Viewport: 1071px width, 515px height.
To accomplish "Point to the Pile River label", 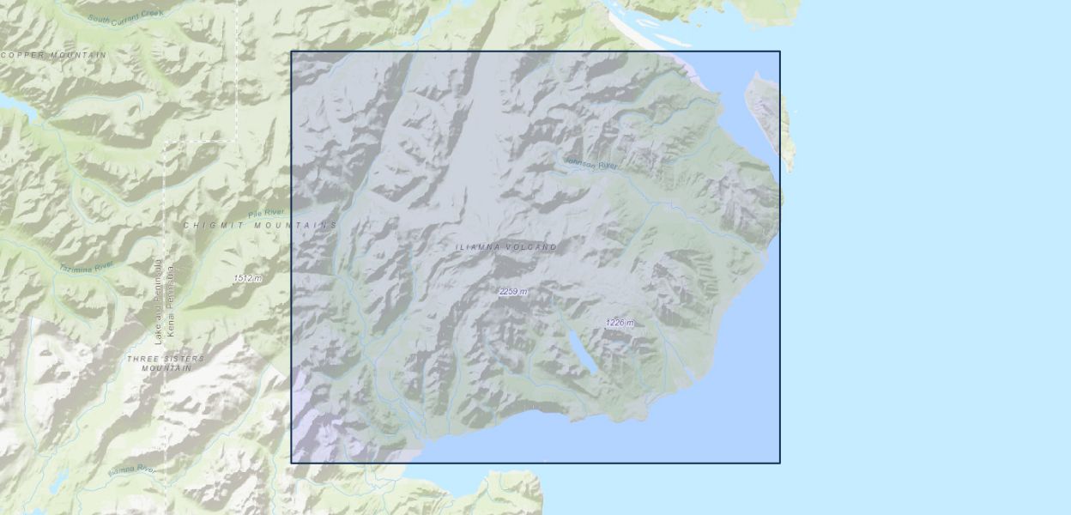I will tap(265, 212).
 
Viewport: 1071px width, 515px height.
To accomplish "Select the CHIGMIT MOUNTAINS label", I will tap(260, 225).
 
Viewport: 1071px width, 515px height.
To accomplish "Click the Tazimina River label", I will tap(86, 267).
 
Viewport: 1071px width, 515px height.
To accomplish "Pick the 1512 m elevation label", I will tap(247, 278).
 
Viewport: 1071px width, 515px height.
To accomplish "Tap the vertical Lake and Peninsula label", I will tap(158, 302).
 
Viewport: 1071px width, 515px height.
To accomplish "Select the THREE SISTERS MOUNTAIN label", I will tap(166, 362).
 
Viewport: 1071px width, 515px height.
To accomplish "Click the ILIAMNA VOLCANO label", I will tap(505, 247).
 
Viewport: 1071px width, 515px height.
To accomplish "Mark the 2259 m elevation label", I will tap(513, 292).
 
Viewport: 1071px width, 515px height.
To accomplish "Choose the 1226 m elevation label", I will tap(620, 323).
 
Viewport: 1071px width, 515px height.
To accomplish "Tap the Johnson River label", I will tap(591, 163).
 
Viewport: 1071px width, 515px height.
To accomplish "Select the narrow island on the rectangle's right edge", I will tap(769, 117).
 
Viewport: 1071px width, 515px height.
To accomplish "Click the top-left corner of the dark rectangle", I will tap(292, 51).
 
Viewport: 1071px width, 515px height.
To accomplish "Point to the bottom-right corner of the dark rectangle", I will tap(779, 463).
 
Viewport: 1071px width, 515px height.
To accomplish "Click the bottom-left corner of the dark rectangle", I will tap(292, 463).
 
